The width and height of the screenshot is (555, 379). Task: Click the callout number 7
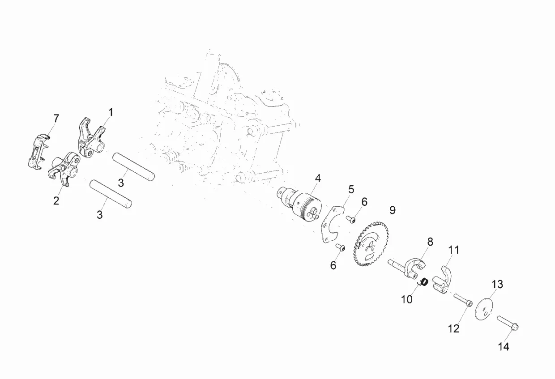click(56, 119)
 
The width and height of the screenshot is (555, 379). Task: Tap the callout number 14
click(504, 346)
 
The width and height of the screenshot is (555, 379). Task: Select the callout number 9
click(393, 210)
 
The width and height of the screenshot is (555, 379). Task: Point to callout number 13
click(497, 284)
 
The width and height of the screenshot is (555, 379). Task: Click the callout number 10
click(406, 299)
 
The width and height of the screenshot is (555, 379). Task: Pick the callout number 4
click(318, 178)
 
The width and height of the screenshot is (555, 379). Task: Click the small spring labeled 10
click(425, 282)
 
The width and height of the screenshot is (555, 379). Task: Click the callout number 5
click(351, 189)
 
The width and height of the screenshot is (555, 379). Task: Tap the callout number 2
click(56, 200)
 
